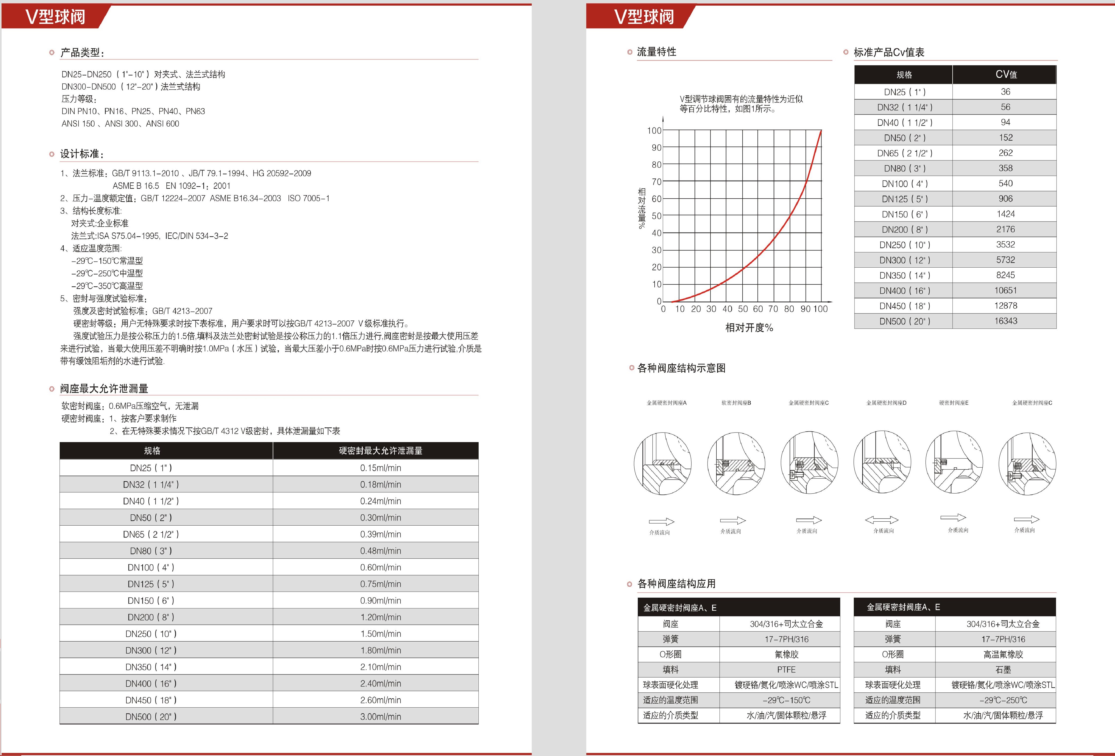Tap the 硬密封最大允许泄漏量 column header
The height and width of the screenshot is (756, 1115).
381,451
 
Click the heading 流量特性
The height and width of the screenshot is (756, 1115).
656,52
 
